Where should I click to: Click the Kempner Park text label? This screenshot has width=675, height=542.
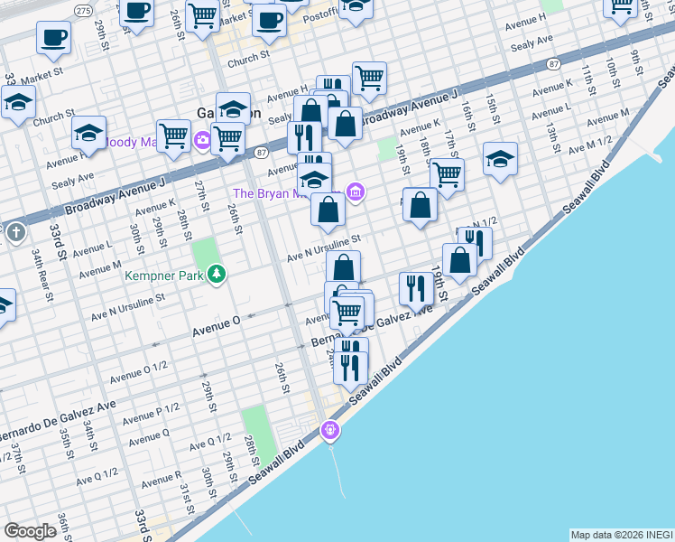click(168, 273)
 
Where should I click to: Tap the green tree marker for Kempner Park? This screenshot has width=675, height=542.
click(216, 273)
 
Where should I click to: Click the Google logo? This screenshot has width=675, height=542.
click(31, 531)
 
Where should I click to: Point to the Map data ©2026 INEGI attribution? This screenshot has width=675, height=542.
click(621, 535)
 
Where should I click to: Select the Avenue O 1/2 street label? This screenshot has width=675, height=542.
click(138, 370)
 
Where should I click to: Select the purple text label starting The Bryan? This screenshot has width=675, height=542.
click(285, 192)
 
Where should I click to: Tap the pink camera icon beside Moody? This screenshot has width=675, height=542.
click(202, 139)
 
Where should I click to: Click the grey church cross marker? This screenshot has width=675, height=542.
click(15, 233)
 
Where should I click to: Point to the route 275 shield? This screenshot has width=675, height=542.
click(83, 10)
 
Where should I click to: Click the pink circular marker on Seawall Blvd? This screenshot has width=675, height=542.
click(331, 431)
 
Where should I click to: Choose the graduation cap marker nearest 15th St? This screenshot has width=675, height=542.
click(500, 159)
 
